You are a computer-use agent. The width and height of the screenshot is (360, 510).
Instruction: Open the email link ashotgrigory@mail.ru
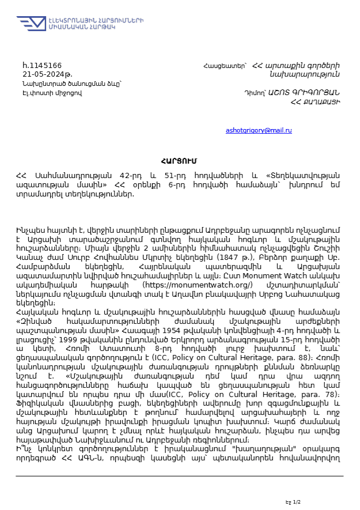[259, 131]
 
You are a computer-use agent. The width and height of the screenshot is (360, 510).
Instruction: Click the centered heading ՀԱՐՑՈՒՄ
[180, 160]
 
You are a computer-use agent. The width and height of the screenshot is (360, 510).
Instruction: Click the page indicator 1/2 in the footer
[297, 503]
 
